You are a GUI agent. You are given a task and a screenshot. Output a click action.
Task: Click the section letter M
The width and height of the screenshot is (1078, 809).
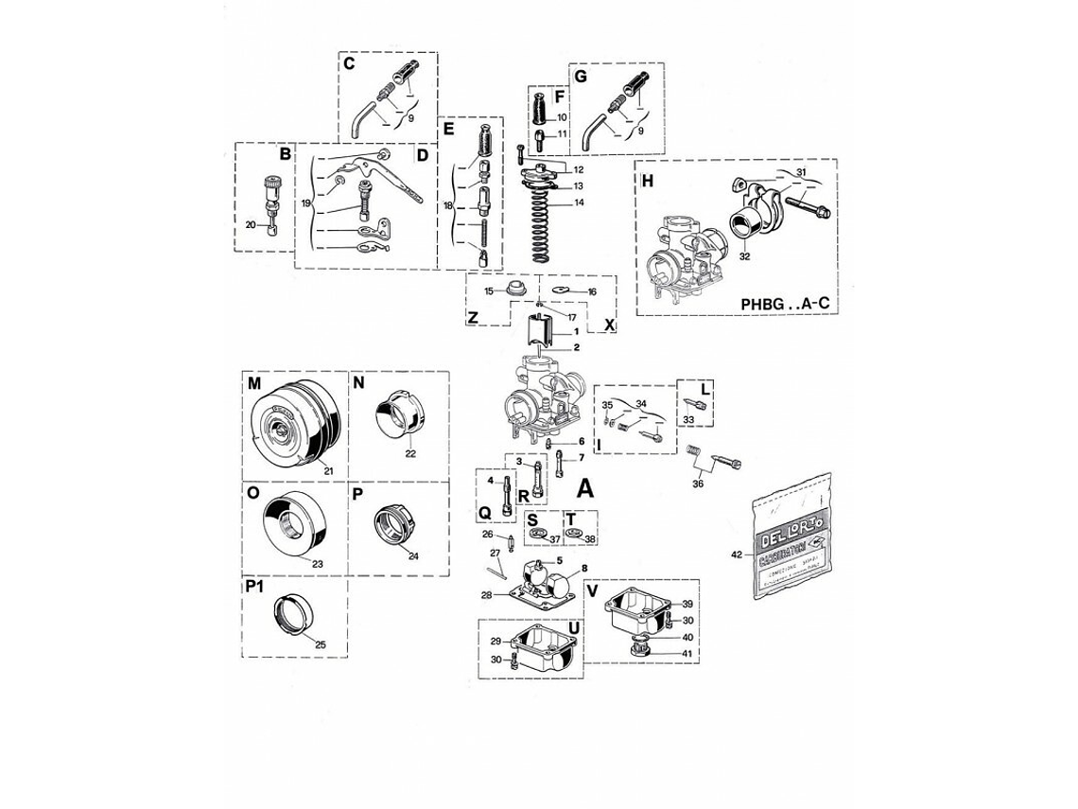pos(254,383)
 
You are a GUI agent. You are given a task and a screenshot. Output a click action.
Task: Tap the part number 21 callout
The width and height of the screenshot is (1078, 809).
pos(329,470)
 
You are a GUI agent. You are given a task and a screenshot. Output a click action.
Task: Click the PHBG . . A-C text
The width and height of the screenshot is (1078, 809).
pos(785,304)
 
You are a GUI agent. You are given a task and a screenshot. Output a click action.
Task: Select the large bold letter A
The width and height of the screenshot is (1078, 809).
pos(585,488)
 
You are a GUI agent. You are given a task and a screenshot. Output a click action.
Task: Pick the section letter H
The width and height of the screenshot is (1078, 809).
pos(647,182)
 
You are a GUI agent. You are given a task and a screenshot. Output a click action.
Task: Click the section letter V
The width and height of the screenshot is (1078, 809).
pos(593,590)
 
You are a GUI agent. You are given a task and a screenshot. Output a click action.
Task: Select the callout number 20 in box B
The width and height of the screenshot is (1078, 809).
pos(251,224)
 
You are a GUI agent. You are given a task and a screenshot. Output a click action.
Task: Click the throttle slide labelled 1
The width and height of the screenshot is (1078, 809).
pos(538,332)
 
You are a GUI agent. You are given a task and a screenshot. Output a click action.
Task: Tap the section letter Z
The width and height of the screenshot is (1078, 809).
pos(472,318)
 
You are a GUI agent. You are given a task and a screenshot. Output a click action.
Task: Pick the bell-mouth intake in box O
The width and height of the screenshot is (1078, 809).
pos(293,520)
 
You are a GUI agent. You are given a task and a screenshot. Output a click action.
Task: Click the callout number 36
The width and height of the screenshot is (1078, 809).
pos(698,484)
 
